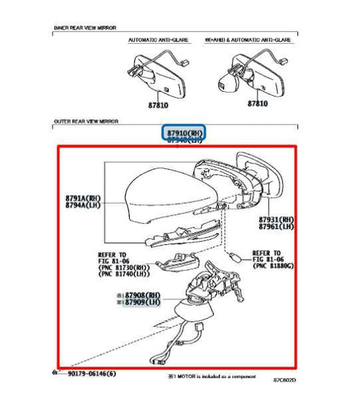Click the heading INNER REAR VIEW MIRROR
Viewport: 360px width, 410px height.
84,28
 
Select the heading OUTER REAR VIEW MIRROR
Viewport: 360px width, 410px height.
86,122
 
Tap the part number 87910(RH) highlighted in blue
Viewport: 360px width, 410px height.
184,133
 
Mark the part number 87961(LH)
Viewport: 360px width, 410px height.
276,228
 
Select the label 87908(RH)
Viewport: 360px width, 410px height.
140,295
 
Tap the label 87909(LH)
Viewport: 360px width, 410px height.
140,303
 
